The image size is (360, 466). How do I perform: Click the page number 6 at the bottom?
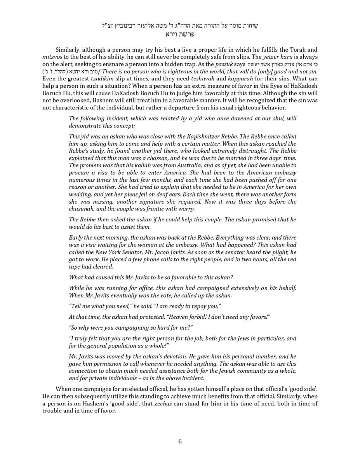click(x=180, y=441)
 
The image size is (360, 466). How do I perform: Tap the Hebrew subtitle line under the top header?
click(x=180, y=34)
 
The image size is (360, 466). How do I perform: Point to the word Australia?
click(x=174, y=165)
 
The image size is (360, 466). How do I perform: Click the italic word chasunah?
click(x=82, y=209)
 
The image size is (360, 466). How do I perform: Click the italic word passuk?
click(x=224, y=64)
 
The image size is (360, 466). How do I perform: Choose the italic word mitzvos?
click(x=52, y=57)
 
